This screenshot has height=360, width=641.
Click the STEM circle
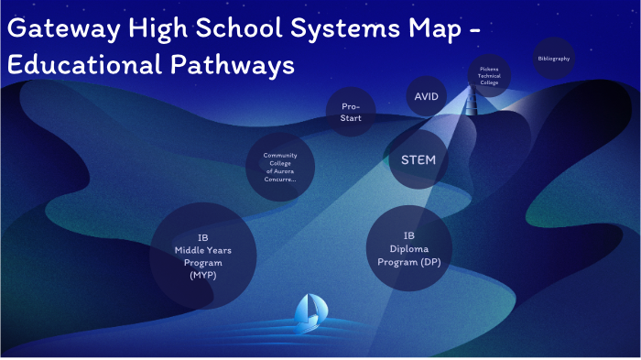[418, 160]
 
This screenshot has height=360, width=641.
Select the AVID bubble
[426, 95]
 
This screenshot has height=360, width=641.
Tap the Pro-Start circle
[351, 112]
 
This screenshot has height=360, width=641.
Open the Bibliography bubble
[553, 59]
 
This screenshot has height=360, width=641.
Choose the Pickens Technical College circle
[488, 76]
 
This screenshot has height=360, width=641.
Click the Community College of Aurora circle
[280, 168]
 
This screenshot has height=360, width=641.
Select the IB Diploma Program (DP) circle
[408, 247]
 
